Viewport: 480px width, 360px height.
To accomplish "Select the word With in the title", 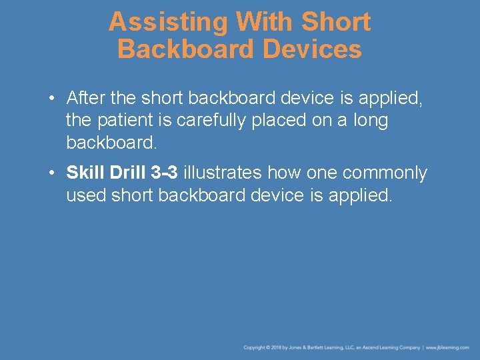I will [265, 22].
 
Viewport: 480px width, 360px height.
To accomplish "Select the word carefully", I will [205, 121].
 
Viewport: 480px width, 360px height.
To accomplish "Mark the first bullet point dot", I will [51, 99].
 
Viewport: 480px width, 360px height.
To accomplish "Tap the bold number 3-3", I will [164, 173].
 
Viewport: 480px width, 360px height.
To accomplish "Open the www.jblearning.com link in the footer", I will [448, 347].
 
